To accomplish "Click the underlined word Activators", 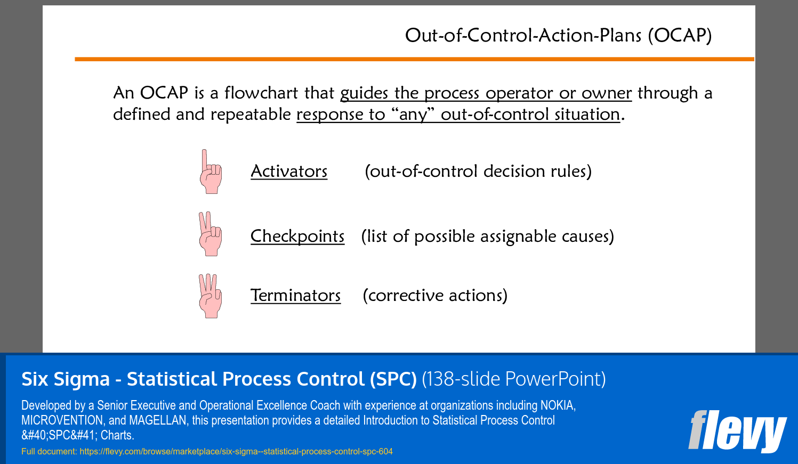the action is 289,172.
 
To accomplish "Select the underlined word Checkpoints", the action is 297,237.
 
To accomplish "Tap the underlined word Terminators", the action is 296,296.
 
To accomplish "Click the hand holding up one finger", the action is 211,172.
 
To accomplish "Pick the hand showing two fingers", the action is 210,234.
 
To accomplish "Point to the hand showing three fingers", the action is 210,296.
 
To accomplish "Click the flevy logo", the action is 737,432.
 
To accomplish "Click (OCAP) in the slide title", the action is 680,36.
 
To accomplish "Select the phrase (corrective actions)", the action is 435,296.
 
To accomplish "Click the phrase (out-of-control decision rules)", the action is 478,172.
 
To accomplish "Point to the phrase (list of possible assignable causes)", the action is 488,237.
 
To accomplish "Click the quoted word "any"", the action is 413,115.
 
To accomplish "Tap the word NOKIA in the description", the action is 558,405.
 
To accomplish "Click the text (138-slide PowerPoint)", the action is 514,379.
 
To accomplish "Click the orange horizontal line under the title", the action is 414,59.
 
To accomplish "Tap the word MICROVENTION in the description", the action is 63,420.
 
